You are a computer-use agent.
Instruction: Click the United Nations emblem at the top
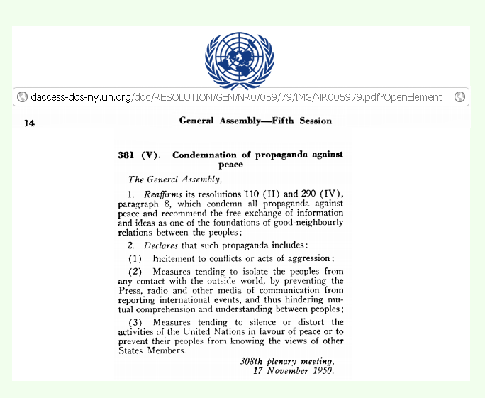point(239,59)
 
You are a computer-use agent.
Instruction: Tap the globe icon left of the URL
point(22,97)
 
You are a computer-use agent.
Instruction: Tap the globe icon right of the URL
point(459,97)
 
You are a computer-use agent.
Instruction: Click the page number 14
point(29,123)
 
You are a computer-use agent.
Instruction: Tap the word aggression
point(306,258)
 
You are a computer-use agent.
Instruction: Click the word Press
point(130,290)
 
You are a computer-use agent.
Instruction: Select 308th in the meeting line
point(257,361)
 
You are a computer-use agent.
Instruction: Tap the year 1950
point(320,370)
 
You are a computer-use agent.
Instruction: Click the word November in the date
point(286,370)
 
